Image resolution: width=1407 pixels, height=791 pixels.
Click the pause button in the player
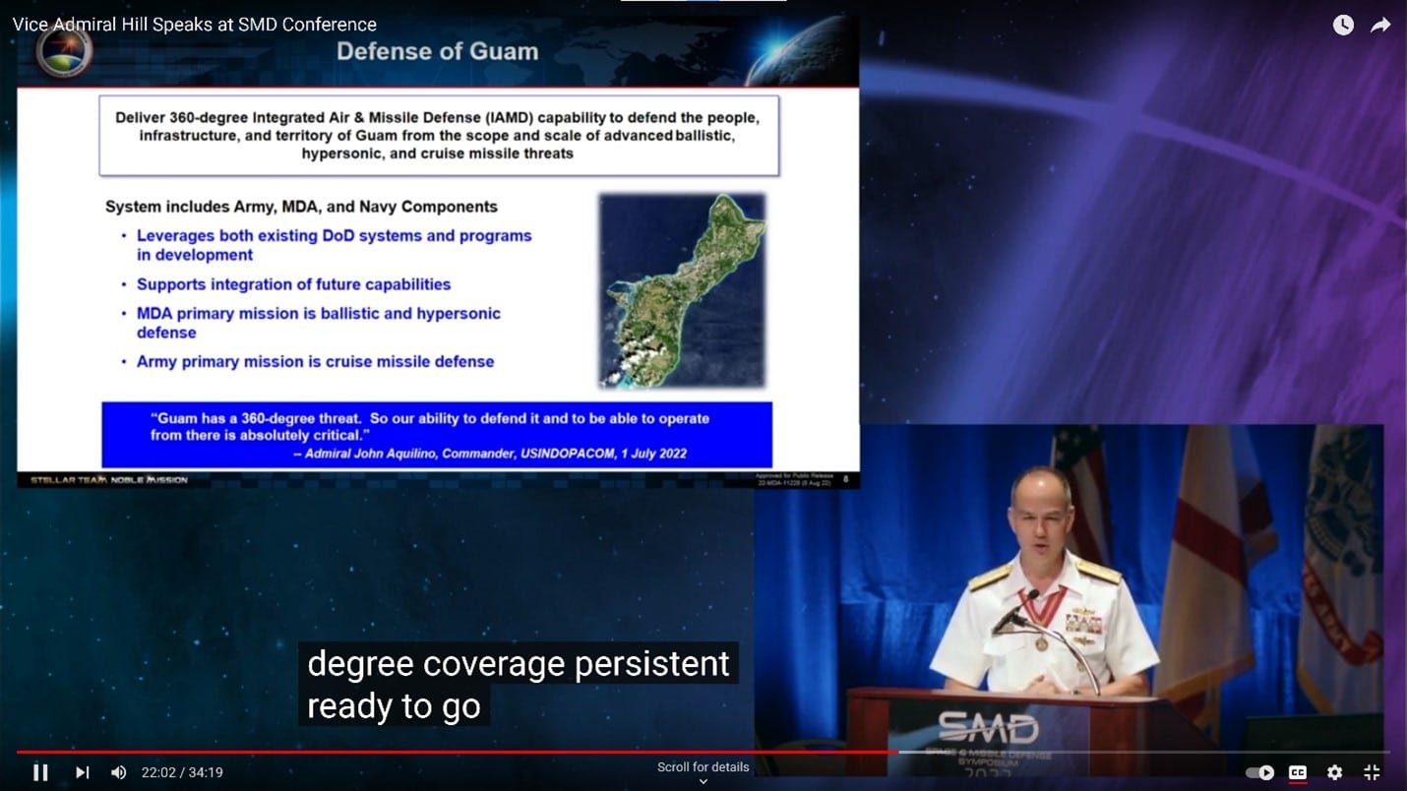tap(40, 772)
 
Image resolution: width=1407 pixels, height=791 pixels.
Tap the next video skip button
tap(83, 772)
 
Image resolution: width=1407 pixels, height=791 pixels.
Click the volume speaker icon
tap(119, 772)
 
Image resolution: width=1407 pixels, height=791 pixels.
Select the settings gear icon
tap(1334, 772)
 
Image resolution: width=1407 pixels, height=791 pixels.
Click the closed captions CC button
tap(1298, 772)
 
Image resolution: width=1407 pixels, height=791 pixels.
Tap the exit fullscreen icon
tap(1372, 772)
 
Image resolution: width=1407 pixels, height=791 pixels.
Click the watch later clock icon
tap(1343, 26)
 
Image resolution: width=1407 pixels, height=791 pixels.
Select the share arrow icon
tap(1380, 26)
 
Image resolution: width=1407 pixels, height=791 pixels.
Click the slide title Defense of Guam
tap(437, 51)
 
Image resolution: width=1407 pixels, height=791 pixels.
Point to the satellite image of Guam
tap(682, 289)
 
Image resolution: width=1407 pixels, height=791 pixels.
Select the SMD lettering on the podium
tap(987, 728)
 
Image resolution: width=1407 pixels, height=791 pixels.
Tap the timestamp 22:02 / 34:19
tap(182, 772)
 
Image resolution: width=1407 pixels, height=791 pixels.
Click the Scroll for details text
tap(703, 767)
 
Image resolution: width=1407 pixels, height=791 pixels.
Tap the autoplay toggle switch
tap(1260, 772)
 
